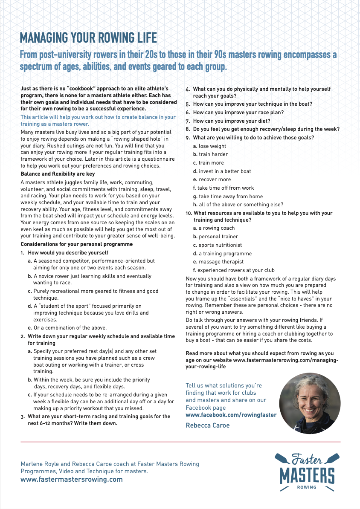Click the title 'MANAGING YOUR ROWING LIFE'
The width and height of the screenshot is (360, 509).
[88, 38]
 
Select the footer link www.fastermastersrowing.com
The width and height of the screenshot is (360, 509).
[72, 479]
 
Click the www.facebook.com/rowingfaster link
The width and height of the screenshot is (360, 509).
[231, 415]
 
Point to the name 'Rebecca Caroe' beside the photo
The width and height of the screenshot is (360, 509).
[207, 425]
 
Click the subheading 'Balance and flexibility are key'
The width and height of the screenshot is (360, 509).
[58, 174]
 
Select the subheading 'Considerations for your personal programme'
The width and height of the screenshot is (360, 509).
[77, 244]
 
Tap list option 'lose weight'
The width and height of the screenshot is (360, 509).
[210, 146]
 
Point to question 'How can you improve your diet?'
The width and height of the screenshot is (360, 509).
[231, 121]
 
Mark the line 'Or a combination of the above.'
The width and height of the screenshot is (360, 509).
[67, 328]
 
